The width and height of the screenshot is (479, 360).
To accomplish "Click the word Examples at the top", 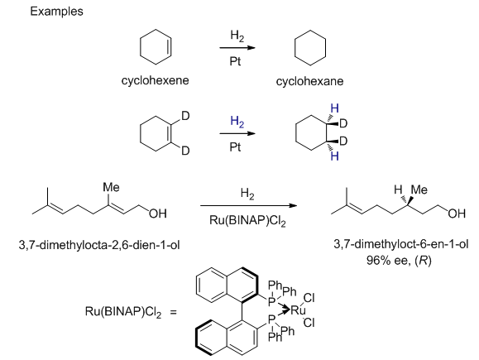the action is (56, 12).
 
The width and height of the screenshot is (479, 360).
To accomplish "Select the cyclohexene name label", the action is (156, 80).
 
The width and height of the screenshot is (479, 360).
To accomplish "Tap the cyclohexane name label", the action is (309, 81).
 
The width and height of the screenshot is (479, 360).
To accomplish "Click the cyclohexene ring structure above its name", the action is (141, 46).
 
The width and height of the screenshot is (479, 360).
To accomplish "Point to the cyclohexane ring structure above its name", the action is (295, 48).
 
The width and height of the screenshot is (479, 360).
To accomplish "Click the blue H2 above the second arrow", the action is (237, 122).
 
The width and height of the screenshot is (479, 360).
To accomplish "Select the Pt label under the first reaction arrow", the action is (235, 61).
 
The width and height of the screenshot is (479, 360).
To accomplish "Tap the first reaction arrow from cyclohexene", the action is (237, 48).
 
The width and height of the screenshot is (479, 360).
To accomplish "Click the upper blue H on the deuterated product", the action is (334, 108).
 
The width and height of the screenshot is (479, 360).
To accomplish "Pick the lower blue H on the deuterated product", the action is (334, 156).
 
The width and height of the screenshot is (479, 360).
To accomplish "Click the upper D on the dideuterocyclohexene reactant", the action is (185, 116).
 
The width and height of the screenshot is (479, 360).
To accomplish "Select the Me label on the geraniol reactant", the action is (111, 187).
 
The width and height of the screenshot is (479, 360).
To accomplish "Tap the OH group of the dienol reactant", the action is (158, 214).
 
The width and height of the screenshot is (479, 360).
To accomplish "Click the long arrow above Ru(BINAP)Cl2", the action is (249, 205).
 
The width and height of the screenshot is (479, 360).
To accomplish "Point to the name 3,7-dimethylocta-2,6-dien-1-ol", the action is (99, 245).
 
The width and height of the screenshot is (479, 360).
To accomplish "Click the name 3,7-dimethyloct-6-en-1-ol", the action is (400, 244).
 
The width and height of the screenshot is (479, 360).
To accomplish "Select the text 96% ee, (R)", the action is (399, 261).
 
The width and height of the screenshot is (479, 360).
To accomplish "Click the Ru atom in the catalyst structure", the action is (298, 310).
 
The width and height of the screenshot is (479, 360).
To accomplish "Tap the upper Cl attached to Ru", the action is (309, 298).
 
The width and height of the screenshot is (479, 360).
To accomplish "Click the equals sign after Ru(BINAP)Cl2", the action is (174, 312).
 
